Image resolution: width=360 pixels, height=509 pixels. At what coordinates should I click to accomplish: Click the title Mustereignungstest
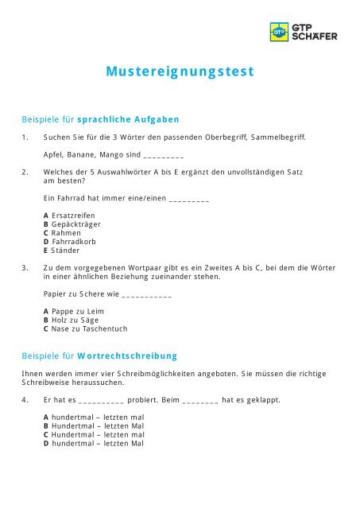click(x=180, y=72)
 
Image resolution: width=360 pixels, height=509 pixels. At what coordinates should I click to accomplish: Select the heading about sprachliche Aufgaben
click(x=100, y=120)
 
